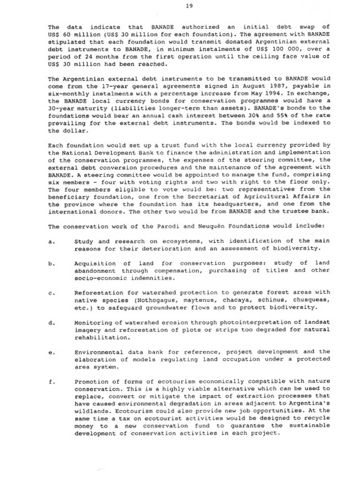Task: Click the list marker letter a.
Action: (51, 241)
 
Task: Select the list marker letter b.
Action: (51, 264)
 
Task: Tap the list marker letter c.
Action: (51, 293)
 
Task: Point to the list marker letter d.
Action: (51, 322)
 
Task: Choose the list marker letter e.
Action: (51, 352)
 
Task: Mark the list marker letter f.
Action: (51, 381)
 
